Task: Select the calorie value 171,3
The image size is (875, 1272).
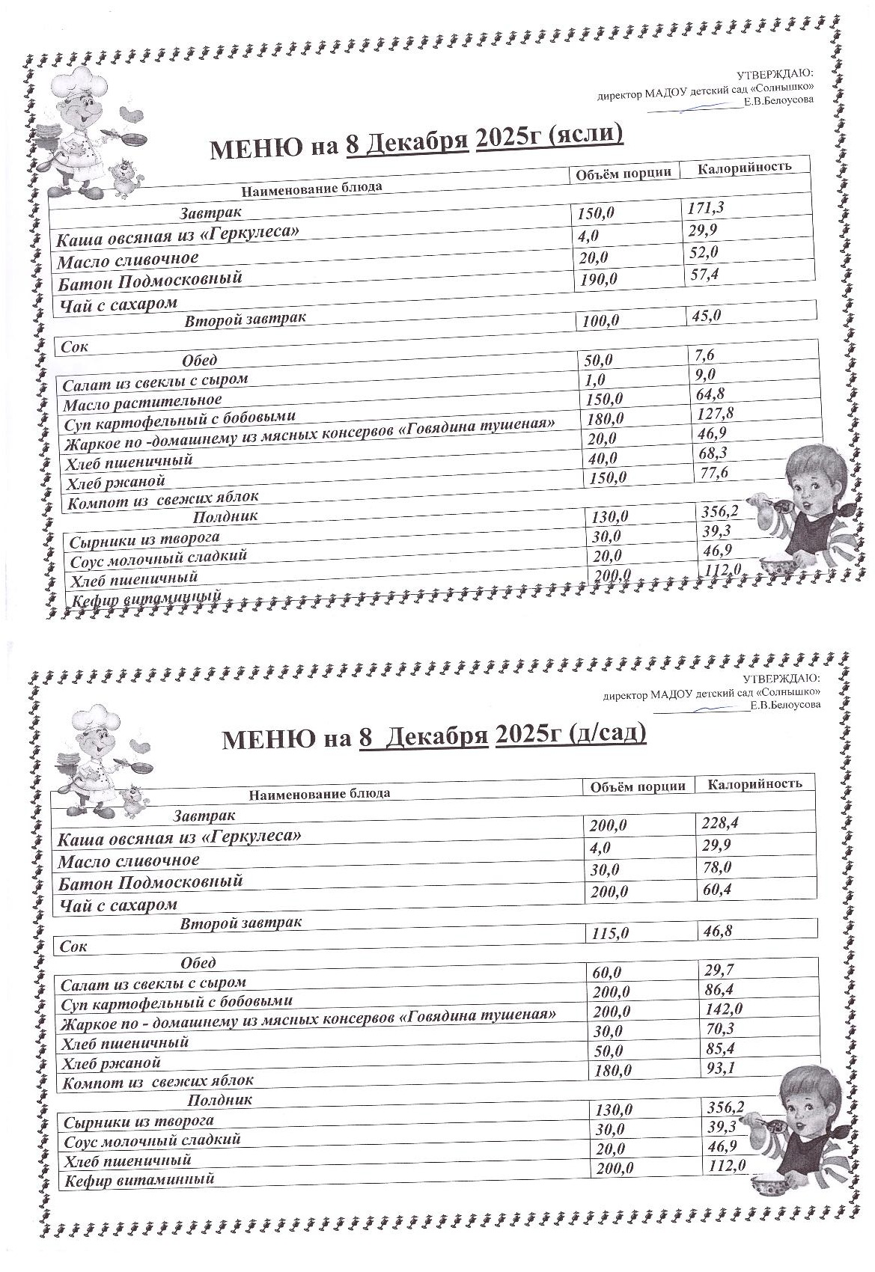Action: (706, 208)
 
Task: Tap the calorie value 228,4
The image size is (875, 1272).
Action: (720, 823)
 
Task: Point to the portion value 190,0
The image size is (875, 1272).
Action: (597, 279)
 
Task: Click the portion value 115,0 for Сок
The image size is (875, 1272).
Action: (610, 933)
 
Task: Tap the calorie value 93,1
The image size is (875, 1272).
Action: (720, 1068)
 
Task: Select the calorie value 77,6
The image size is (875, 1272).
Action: (713, 473)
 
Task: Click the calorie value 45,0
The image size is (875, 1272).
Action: (704, 316)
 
